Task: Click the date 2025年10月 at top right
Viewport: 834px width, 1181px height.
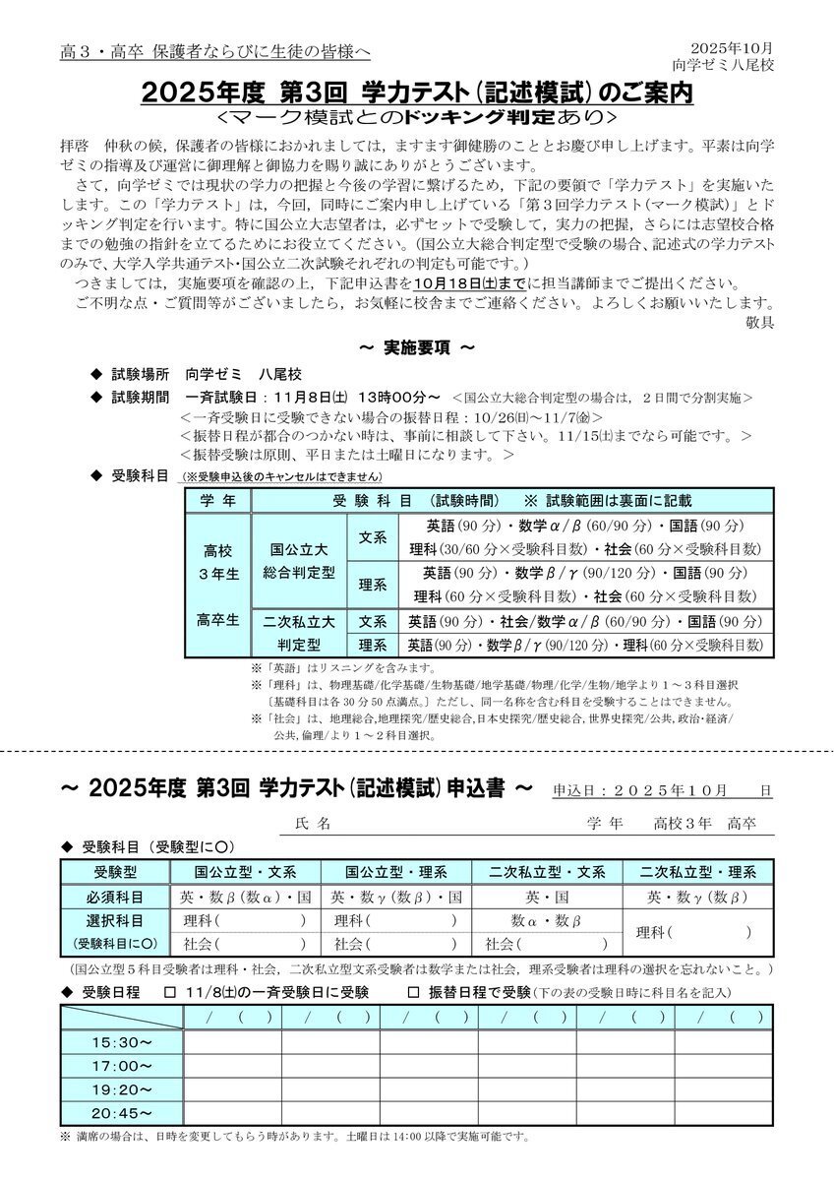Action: click(x=733, y=47)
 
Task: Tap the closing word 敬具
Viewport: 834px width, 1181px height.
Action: click(x=761, y=321)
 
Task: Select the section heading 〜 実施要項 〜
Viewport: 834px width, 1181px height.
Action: click(x=417, y=348)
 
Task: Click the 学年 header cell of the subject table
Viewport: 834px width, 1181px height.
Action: click(x=217, y=500)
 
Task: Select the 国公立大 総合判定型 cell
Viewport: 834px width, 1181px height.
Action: click(x=301, y=561)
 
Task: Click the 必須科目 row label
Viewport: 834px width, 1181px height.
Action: click(x=116, y=897)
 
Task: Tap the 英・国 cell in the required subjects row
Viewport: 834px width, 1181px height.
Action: click(x=547, y=897)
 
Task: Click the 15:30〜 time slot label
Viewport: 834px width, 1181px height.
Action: click(x=123, y=1042)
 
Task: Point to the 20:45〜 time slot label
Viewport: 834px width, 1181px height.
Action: click(x=123, y=1113)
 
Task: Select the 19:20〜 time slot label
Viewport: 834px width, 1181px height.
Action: click(x=123, y=1089)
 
